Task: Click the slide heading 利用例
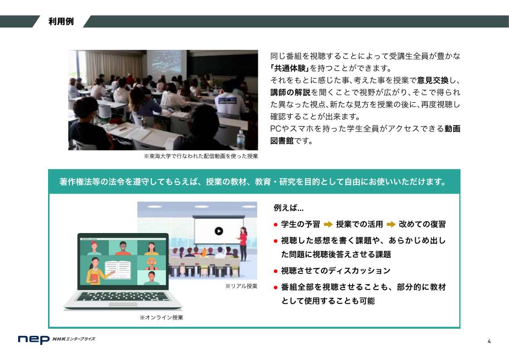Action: click(61, 21)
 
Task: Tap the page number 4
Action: click(489, 341)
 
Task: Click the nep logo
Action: click(34, 340)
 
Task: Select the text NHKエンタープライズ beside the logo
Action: click(74, 339)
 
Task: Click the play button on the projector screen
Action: click(219, 231)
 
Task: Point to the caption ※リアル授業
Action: click(241, 286)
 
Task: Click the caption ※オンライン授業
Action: click(161, 317)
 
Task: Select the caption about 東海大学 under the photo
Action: click(201, 156)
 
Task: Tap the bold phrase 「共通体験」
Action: click(290, 68)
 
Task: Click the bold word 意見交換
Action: click(433, 80)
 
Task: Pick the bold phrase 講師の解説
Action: click(290, 92)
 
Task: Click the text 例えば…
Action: click(289, 208)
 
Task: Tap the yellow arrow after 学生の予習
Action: click(328, 224)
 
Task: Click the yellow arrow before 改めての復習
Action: click(391, 224)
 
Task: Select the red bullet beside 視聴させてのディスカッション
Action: click(276, 271)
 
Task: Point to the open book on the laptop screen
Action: click(118, 270)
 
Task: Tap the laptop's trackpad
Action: click(123, 305)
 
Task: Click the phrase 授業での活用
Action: click(359, 224)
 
